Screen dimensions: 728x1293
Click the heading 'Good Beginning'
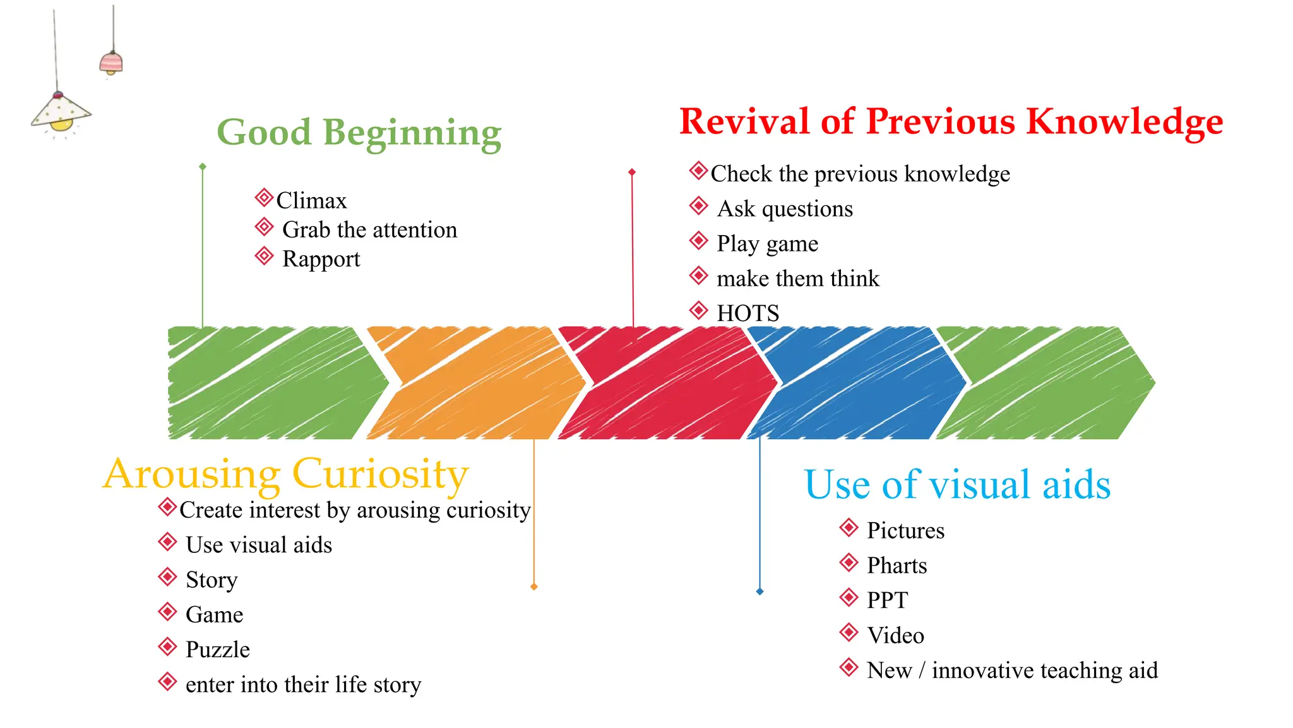[x=359, y=133]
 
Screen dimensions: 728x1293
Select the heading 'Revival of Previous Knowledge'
[x=951, y=121]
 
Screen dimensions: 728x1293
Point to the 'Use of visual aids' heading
[x=956, y=485]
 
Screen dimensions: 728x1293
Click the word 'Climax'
[x=311, y=201]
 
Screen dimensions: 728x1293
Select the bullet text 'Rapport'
[x=321, y=259]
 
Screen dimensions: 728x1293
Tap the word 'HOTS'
[x=748, y=313]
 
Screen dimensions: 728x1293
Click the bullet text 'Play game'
[x=767, y=244]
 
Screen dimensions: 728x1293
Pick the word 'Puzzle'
[x=217, y=650]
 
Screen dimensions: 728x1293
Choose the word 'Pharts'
[x=897, y=566]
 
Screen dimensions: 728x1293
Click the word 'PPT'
[x=887, y=600]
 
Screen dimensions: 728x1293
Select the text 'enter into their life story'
[x=303, y=684]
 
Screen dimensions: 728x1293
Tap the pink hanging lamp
[x=111, y=63]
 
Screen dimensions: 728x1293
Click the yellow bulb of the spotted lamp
[x=61, y=124]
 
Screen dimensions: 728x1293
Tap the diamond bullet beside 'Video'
[x=849, y=632]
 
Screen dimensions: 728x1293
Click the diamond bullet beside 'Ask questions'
[x=698, y=205]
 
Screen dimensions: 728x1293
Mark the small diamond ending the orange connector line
[x=534, y=587]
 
